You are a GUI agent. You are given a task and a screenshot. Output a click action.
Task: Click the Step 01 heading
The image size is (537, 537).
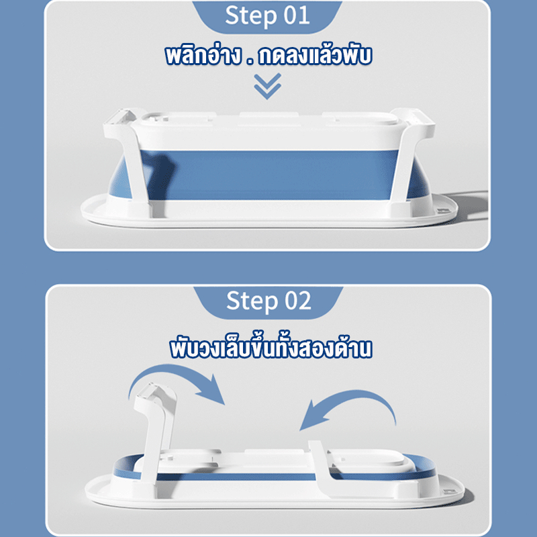point(267,15)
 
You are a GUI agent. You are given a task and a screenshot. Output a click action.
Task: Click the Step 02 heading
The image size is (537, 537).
point(268,301)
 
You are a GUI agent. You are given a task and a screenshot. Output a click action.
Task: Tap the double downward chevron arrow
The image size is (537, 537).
point(267,86)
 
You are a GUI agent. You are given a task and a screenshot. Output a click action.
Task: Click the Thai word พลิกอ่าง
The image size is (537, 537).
point(203,56)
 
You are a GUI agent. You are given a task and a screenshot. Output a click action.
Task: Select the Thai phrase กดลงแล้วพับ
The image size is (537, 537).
point(315,56)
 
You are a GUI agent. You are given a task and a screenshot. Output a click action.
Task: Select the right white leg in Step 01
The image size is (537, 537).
point(409,158)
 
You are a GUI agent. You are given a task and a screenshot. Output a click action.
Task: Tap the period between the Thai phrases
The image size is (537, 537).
point(250,62)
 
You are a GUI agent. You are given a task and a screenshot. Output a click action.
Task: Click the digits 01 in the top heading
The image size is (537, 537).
point(297,15)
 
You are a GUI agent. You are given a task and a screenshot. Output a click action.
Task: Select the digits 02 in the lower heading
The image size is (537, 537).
point(298,300)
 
